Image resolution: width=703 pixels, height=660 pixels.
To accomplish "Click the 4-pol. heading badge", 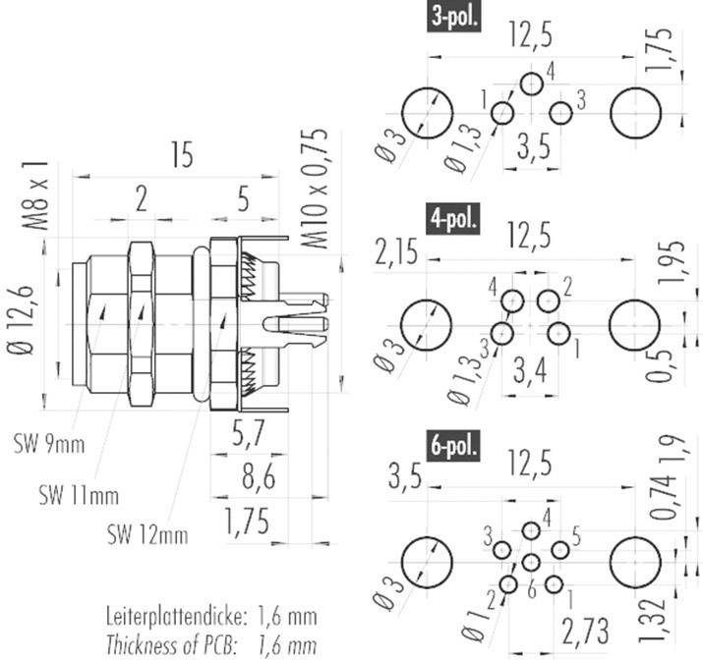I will [x=453, y=218].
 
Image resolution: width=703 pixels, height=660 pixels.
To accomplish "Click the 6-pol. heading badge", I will [x=453, y=448].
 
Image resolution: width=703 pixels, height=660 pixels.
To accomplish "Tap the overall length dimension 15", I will [x=179, y=156].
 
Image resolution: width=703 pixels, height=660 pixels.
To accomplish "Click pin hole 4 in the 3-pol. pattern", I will [x=531, y=83].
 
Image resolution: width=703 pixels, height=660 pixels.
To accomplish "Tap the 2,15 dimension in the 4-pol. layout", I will [x=396, y=253].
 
